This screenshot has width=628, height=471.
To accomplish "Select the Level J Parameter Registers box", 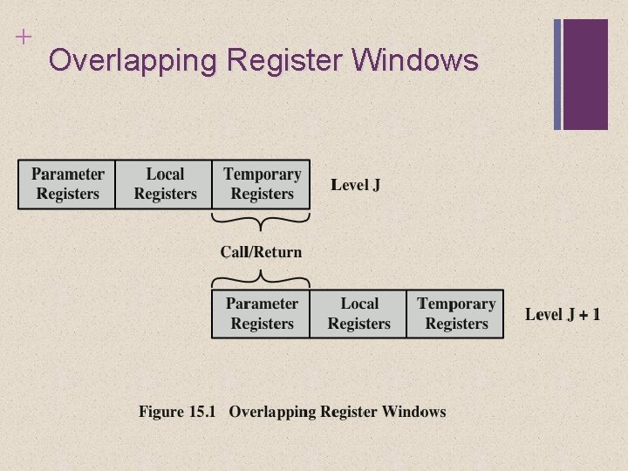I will [67, 184].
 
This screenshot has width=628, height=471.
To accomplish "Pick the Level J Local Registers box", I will [164, 184].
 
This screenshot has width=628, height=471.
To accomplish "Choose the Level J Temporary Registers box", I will [261, 184].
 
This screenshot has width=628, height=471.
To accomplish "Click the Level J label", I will [355, 185].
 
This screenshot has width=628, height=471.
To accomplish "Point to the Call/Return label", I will [261, 252].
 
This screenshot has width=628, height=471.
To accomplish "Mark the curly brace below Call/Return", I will [261, 278].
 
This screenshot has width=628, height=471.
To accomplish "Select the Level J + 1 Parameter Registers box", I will [261, 314].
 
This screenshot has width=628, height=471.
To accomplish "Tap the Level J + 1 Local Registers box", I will [358, 314].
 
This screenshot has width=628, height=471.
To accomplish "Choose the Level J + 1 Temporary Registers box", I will [455, 314].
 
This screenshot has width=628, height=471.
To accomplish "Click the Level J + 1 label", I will [563, 314].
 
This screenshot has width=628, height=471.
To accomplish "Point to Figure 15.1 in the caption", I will [176, 412].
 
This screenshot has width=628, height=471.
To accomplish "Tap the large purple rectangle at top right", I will [585, 74].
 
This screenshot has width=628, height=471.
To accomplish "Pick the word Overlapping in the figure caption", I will [273, 412].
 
